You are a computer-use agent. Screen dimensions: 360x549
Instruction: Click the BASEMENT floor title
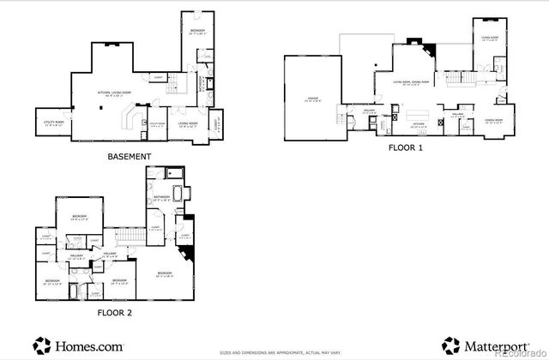[x=130, y=157]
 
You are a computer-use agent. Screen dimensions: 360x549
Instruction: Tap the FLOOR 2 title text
[x=114, y=312]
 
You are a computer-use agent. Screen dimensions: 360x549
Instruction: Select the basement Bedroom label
[x=196, y=32]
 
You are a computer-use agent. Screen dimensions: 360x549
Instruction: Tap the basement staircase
[x=177, y=83]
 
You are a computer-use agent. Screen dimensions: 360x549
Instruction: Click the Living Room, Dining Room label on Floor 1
[x=410, y=83]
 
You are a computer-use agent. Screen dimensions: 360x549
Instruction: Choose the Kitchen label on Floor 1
[x=419, y=124]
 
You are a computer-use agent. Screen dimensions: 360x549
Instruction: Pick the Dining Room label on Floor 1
[x=493, y=121]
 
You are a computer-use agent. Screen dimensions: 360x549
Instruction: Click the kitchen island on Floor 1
[x=417, y=111]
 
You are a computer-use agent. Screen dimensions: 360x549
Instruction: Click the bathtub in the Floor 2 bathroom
[x=179, y=192]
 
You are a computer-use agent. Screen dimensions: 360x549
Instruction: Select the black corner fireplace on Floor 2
[x=187, y=254]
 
